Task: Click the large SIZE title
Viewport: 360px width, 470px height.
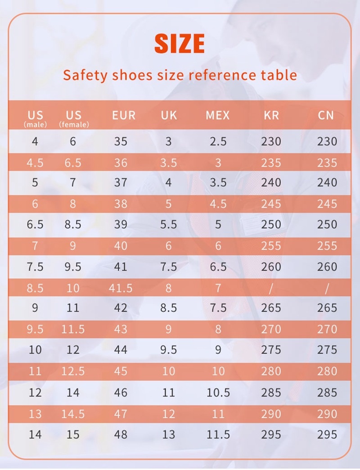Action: pyautogui.click(x=180, y=44)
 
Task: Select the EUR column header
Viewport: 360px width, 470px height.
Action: pyautogui.click(x=124, y=115)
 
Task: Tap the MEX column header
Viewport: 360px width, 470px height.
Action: pyautogui.click(x=218, y=115)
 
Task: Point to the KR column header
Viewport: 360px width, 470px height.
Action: pyautogui.click(x=271, y=115)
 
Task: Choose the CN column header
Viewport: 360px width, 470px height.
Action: pyautogui.click(x=326, y=115)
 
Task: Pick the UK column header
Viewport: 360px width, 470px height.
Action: pyautogui.click(x=169, y=115)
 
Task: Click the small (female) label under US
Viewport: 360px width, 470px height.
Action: pyautogui.click(x=74, y=125)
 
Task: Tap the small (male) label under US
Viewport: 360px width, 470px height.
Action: pyautogui.click(x=35, y=125)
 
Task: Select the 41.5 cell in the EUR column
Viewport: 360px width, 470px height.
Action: pyautogui.click(x=121, y=288)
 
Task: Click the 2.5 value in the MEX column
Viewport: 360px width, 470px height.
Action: pyautogui.click(x=218, y=141)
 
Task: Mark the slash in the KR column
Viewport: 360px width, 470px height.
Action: pyautogui.click(x=271, y=288)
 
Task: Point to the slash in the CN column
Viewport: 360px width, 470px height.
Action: pyautogui.click(x=327, y=288)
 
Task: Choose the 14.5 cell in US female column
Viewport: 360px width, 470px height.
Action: pyautogui.click(x=73, y=413)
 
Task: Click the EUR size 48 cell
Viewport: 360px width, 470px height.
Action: pyautogui.click(x=121, y=434)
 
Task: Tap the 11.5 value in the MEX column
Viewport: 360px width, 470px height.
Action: pyautogui.click(x=218, y=434)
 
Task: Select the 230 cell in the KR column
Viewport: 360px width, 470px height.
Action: pyautogui.click(x=271, y=141)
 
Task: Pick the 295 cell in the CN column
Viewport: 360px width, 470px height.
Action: pyautogui.click(x=327, y=434)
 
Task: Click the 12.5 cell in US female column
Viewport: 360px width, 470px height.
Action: pyautogui.click(x=73, y=371)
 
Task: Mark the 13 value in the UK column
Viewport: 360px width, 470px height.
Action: pyautogui.click(x=168, y=434)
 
